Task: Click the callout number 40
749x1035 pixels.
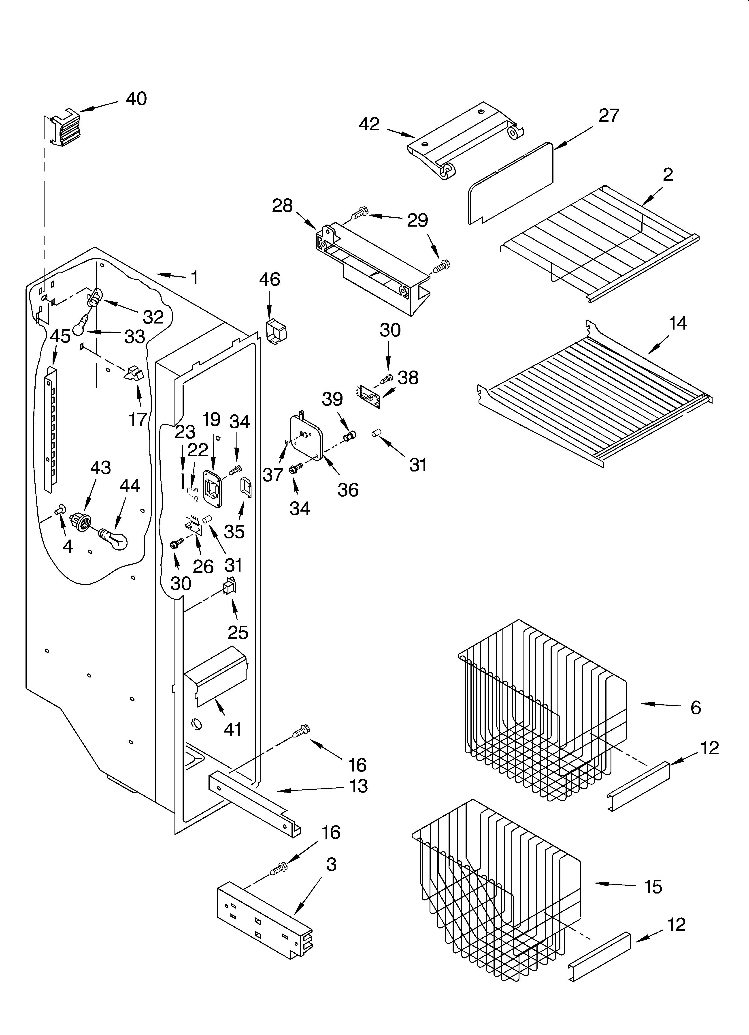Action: (136, 99)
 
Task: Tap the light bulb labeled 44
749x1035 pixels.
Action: (114, 538)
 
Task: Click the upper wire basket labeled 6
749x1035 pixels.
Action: (543, 712)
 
